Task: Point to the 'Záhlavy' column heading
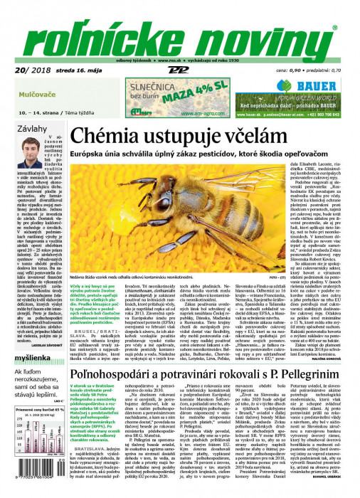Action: [x=32, y=128]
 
